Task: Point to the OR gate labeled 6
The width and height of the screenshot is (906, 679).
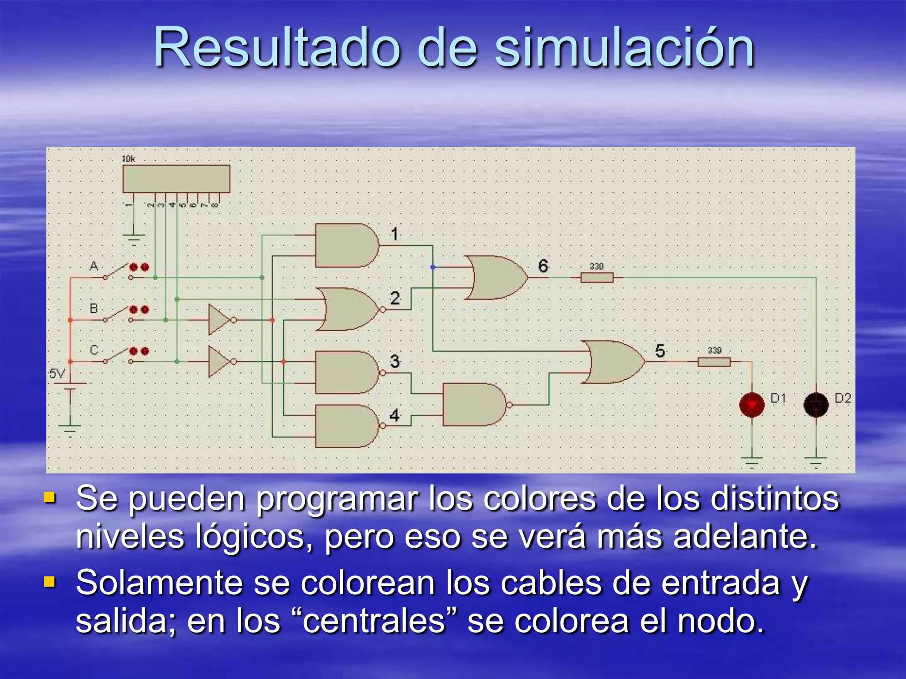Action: (x=498, y=277)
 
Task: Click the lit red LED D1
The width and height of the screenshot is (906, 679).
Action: (x=752, y=404)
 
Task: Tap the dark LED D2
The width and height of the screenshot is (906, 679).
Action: (x=816, y=404)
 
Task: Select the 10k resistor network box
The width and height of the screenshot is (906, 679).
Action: (x=176, y=179)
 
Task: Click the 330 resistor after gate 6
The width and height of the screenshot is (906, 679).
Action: (x=597, y=278)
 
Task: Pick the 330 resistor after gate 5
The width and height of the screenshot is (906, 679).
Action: (x=714, y=362)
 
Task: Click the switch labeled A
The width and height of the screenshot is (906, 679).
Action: (x=117, y=272)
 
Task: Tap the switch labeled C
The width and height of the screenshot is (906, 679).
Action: (x=117, y=356)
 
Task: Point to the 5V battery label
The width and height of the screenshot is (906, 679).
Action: (x=57, y=374)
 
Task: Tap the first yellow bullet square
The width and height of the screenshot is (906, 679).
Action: (x=50, y=498)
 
